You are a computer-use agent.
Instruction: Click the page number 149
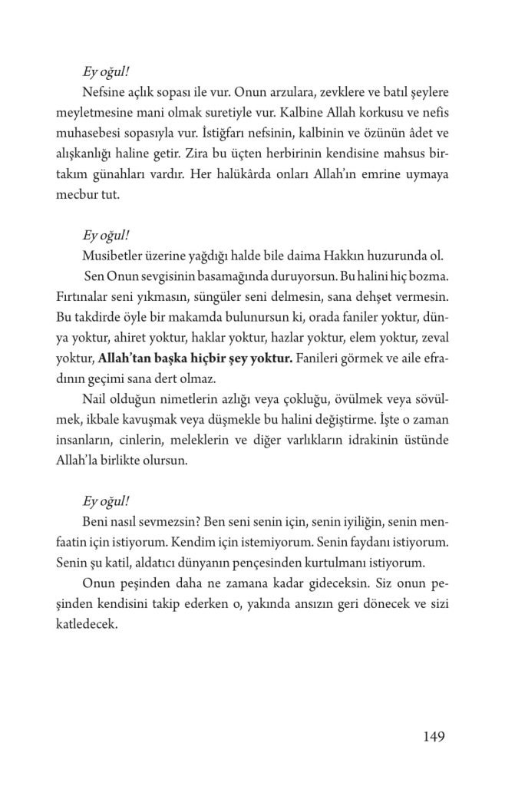pos(434,738)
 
